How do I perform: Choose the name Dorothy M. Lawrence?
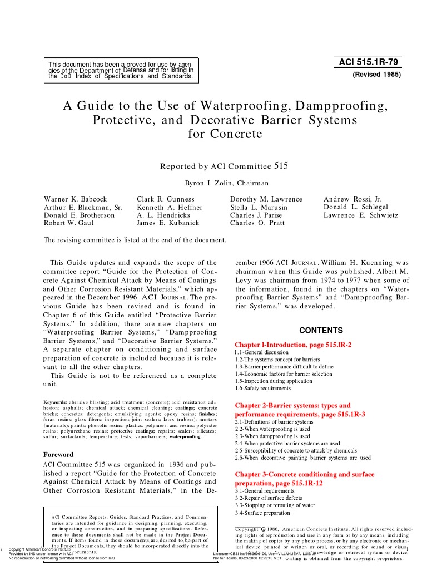pos(266,199)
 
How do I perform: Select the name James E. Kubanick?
pos(166,223)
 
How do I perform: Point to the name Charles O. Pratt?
pos(257,223)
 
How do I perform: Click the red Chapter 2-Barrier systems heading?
pos(293,406)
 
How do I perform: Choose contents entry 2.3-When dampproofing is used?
pos(272,436)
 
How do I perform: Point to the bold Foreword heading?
pos(59,454)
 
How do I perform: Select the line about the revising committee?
pos(135,240)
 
